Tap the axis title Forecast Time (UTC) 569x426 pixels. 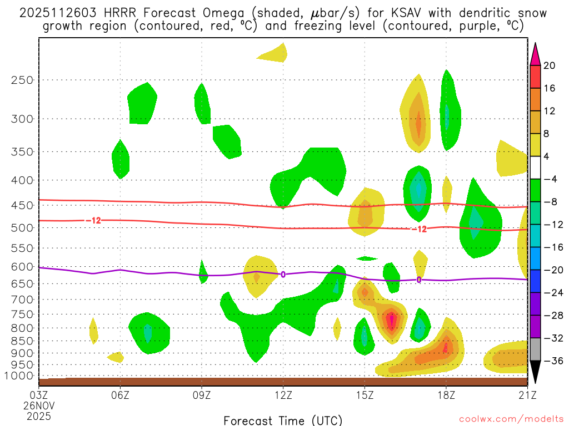pyautogui.click(x=283, y=420)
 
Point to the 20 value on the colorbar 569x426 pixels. pyautogui.click(x=550, y=65)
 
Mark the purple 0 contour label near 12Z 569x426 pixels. pyautogui.click(x=283, y=274)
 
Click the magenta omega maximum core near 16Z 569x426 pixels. pyautogui.click(x=392, y=319)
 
